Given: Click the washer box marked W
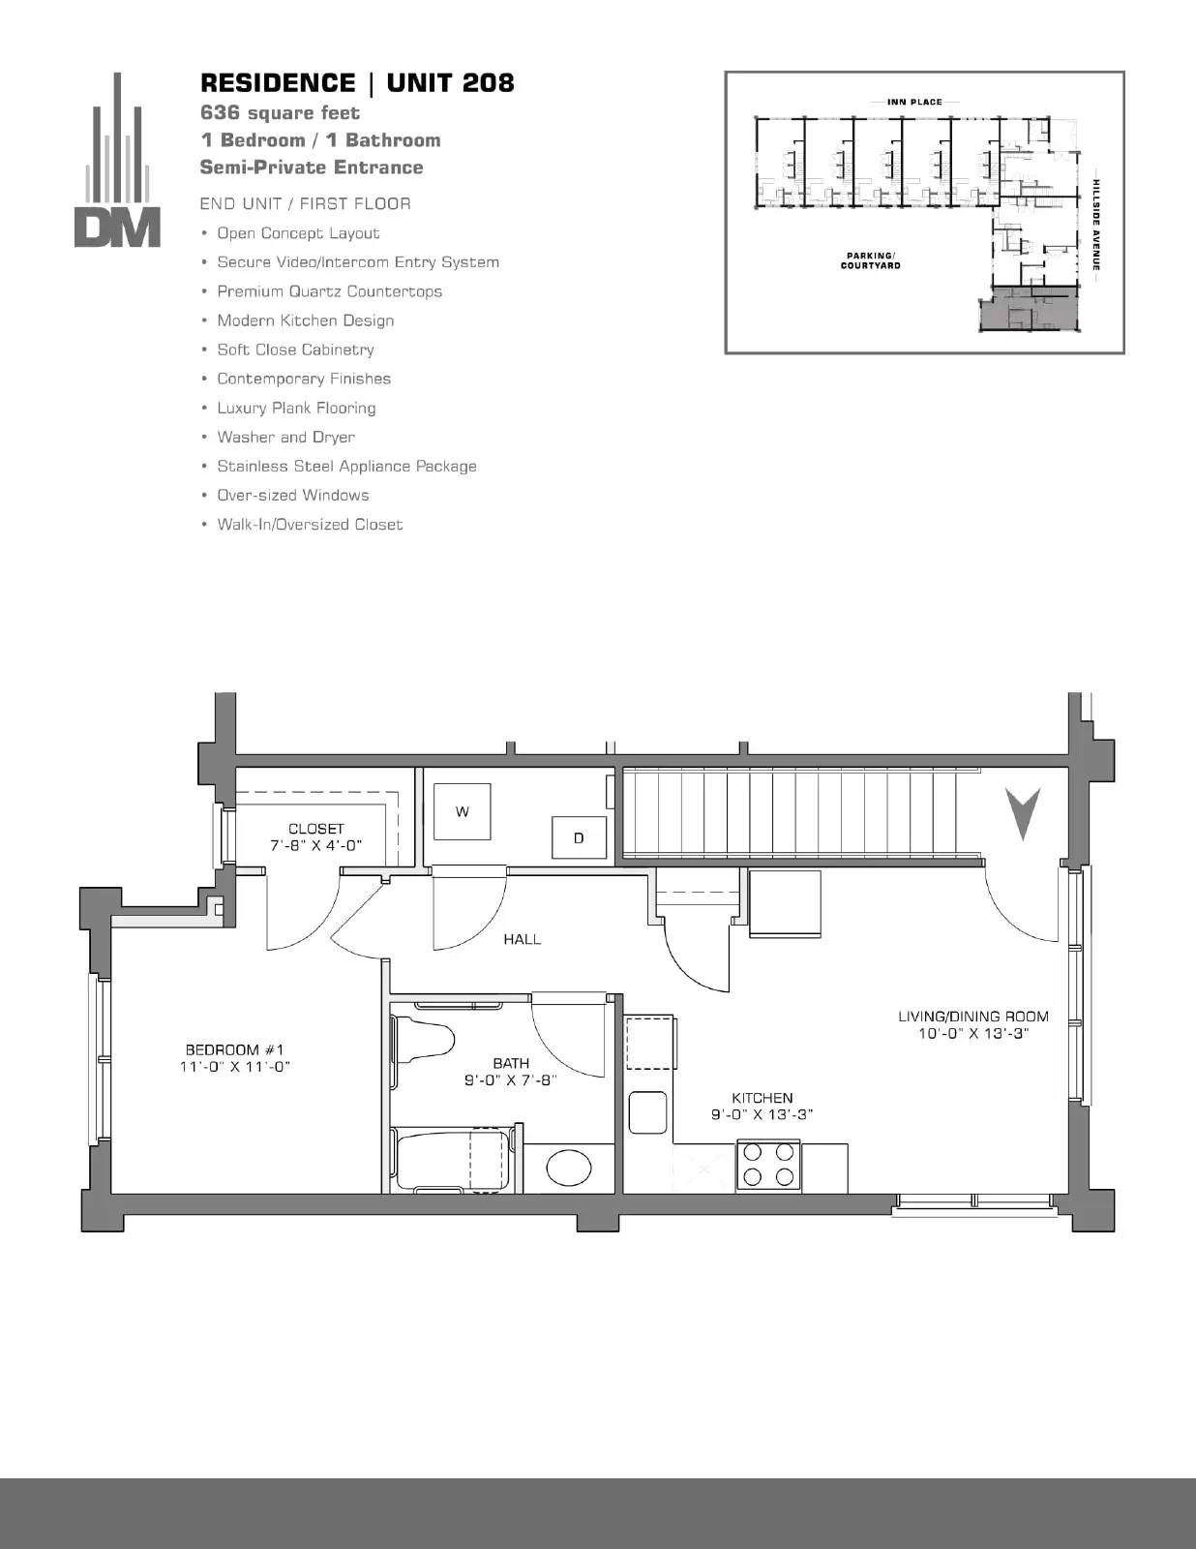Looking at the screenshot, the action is (463, 811).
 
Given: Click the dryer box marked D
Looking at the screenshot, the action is (579, 837).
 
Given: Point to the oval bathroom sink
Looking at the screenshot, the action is (568, 1167).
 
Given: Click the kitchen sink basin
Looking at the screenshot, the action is (648, 1112).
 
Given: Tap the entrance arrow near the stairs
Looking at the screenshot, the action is (1023, 813).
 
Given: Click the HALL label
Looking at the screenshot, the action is (523, 939).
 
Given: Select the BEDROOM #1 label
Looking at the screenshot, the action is (234, 1049).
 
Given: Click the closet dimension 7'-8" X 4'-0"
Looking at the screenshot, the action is (315, 845).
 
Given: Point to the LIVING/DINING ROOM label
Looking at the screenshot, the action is (973, 1017).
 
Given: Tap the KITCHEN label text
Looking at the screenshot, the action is (762, 1098).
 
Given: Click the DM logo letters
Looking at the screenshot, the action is (117, 228).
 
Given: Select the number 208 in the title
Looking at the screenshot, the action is (488, 83).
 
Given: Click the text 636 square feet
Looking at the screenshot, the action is (280, 112).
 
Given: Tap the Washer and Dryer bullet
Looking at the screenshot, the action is (285, 437).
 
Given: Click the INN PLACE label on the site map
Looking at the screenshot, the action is (914, 102).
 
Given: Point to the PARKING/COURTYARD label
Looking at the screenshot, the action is (871, 260).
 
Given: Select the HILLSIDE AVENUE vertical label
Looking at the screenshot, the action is (1096, 225).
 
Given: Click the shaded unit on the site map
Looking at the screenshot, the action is (1030, 309).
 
